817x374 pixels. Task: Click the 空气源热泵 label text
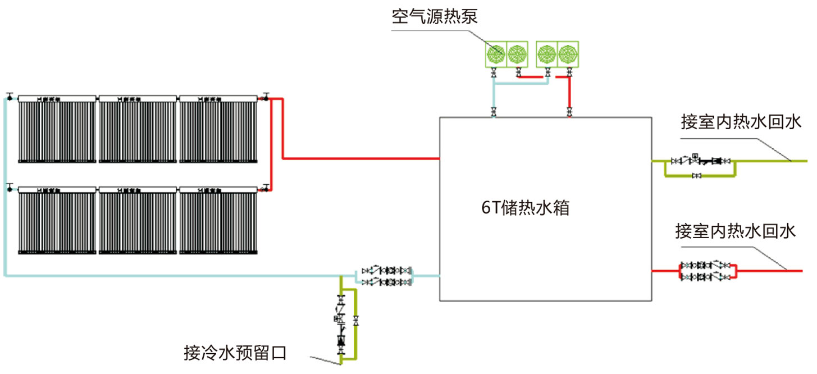coord(435,16)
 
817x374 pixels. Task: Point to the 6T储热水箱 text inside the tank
coord(526,208)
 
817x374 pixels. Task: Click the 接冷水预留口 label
coord(235,353)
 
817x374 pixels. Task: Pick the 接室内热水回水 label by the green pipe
coord(738,122)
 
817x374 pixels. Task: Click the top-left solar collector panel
coord(57,129)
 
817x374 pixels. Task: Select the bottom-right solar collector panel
coord(218,222)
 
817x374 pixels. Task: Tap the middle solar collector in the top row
coord(138,129)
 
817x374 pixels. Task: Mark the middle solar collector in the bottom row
coord(138,222)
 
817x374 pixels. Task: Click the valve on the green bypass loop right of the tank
coord(697,176)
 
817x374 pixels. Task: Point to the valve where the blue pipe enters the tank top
coord(494,111)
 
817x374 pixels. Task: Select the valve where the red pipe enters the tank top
coord(570,111)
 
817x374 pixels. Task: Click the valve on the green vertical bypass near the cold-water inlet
coord(356,321)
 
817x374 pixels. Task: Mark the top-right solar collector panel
coord(218,129)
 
